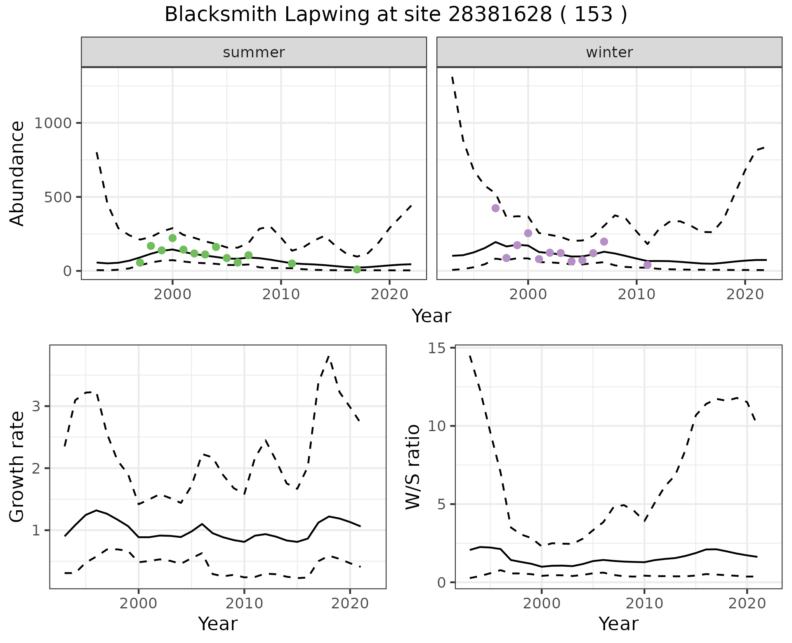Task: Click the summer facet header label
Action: point(254,52)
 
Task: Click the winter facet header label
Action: point(609,52)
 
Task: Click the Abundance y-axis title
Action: point(17,173)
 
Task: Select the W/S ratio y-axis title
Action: point(412,467)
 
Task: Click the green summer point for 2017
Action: point(357,270)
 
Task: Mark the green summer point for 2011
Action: point(292,263)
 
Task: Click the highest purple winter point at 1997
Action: point(495,208)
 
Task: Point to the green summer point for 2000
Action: point(172,238)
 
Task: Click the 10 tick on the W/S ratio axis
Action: point(437,426)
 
